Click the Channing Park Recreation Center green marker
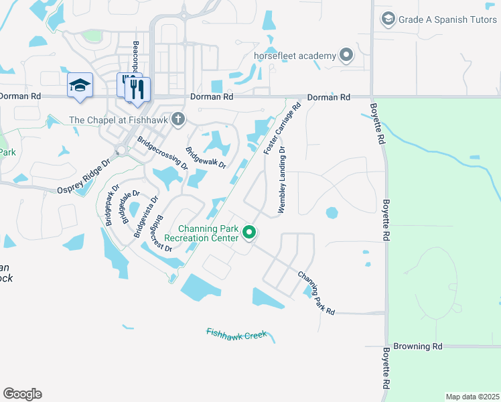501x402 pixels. tap(249, 232)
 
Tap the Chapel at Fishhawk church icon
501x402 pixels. tap(177, 120)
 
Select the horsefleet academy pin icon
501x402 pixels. tap(346, 55)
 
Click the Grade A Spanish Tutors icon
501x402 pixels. tap(388, 19)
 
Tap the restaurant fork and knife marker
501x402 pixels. tap(138, 89)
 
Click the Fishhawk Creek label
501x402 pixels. tap(236, 333)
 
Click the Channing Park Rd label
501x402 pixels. tap(316, 293)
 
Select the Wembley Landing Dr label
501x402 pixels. tap(282, 180)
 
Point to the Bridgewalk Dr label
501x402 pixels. tap(206, 158)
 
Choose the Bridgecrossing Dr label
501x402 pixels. tap(162, 153)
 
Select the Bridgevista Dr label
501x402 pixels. tap(146, 216)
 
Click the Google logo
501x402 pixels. tap(22, 394)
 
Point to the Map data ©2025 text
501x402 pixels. tap(472, 397)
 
